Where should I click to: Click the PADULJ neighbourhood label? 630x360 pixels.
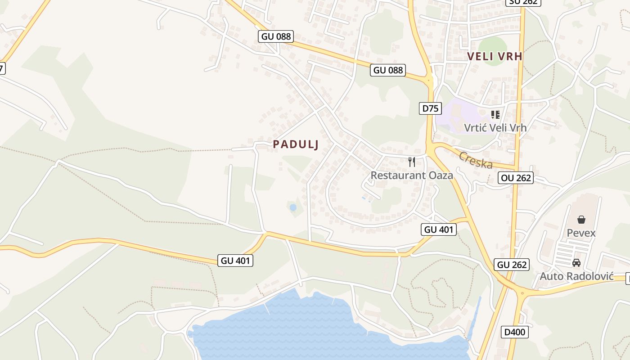[x=296, y=144]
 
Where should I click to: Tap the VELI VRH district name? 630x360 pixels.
[x=495, y=56]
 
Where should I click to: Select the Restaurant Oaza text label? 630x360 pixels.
[x=411, y=175]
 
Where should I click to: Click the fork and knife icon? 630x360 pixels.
[x=411, y=162]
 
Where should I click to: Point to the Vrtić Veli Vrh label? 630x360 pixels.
[x=495, y=127]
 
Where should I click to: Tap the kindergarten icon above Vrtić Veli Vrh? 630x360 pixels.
[x=495, y=115]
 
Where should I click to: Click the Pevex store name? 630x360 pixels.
[x=581, y=233]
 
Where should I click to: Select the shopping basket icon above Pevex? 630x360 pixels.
[x=581, y=220]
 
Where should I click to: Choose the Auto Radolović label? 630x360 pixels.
[x=576, y=276]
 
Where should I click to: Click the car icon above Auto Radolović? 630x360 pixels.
[x=576, y=263]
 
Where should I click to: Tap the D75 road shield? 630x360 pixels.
[x=430, y=108]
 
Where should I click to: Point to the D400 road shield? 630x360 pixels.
[x=514, y=333]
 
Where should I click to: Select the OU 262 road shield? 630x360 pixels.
[x=516, y=178]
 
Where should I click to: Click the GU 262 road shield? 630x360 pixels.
[x=512, y=265]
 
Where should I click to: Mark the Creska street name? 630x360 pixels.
[x=476, y=161]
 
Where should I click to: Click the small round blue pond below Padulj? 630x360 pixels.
[x=293, y=207]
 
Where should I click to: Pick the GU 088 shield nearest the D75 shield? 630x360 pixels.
[x=388, y=70]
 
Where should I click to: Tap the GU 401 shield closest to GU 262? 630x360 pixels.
[x=439, y=229]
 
